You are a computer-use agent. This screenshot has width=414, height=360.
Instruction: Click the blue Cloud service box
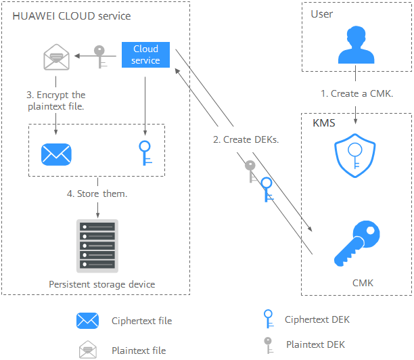(x=145, y=55)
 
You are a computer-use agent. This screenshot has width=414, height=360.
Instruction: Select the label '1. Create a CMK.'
(x=356, y=93)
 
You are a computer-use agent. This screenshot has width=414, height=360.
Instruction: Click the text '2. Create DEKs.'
(x=246, y=140)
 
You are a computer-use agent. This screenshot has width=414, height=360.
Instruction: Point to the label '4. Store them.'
(x=97, y=194)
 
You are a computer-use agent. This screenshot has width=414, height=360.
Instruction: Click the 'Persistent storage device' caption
(x=101, y=284)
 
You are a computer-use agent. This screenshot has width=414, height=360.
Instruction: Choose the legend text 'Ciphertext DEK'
(x=317, y=319)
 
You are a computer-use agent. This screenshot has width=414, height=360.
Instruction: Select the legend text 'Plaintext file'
(x=139, y=351)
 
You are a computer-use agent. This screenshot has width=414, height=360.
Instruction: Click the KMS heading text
(x=323, y=125)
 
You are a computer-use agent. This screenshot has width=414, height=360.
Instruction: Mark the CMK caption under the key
(x=363, y=283)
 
